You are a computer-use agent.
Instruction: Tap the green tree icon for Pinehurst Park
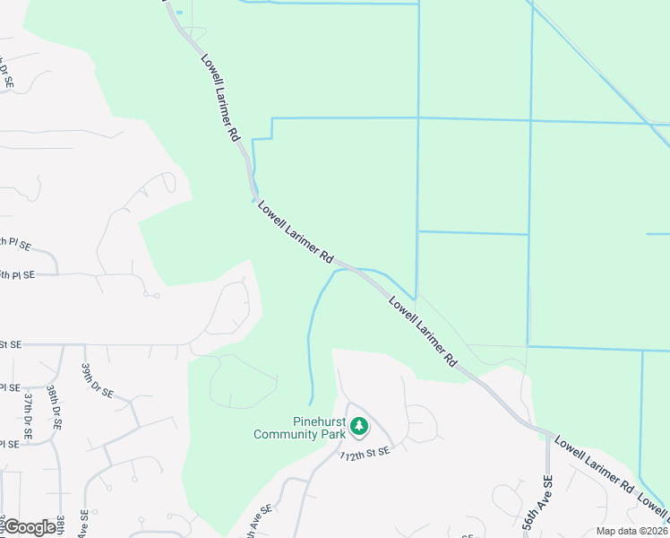click(359, 426)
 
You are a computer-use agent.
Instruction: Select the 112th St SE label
click(365, 454)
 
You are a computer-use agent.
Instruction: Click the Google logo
click(30, 527)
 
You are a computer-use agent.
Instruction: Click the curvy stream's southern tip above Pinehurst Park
click(313, 403)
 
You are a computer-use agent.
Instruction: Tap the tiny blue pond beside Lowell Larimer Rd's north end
click(179, 12)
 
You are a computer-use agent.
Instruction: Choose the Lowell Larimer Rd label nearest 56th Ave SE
click(594, 464)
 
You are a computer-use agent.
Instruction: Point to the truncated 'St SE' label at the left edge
click(10, 344)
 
